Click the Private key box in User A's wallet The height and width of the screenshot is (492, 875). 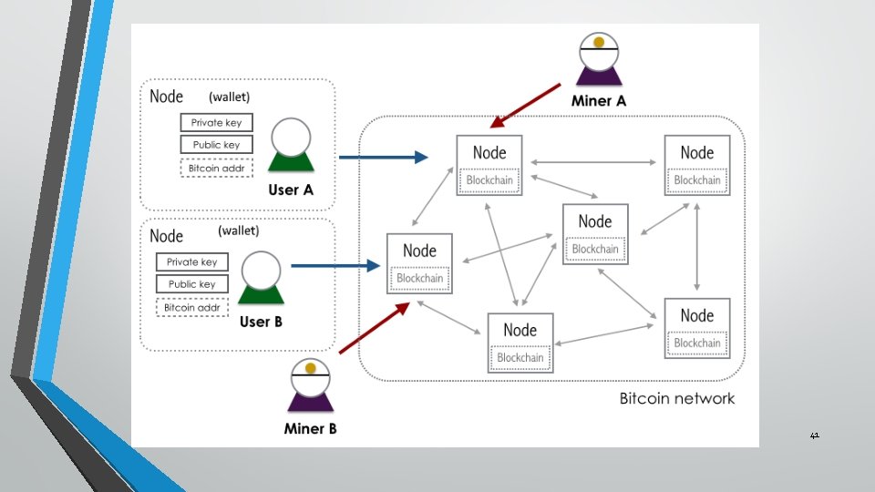point(217,123)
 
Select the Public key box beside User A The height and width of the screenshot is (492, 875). point(217,145)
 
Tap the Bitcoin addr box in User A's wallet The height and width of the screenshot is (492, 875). point(217,168)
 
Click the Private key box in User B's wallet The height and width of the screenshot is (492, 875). point(192,262)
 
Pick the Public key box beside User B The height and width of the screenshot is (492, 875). point(192,284)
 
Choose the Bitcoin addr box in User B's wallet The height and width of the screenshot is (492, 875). point(192,307)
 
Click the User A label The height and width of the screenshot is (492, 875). point(291,190)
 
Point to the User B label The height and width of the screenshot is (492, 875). point(261,322)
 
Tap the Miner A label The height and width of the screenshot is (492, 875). point(599,101)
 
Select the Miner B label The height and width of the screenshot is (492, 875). point(310,428)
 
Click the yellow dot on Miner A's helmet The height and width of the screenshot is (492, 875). point(599,42)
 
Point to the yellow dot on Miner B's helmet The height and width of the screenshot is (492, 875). point(311,367)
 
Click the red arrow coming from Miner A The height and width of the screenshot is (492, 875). point(525,106)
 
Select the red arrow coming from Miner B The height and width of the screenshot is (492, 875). point(375,328)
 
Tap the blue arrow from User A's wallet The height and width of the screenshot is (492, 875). point(384,158)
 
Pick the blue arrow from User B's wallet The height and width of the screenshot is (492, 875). point(336,265)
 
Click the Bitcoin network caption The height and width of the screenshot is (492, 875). point(677,398)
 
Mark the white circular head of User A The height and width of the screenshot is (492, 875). point(291,138)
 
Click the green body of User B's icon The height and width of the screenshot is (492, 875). point(262,294)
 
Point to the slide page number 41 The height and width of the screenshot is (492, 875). point(815,436)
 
